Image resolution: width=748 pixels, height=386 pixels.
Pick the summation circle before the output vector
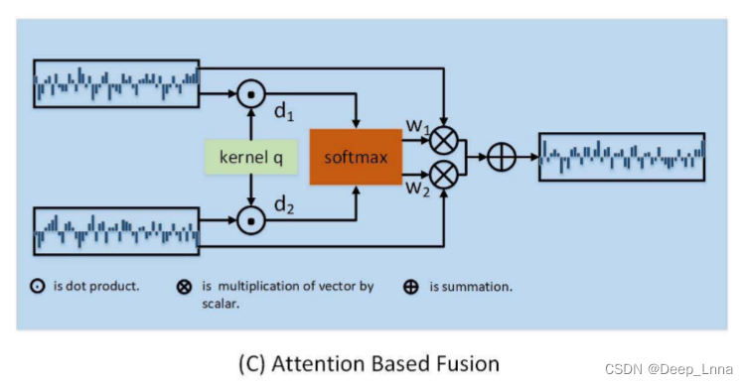501,156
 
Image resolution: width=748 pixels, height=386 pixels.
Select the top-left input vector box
117,82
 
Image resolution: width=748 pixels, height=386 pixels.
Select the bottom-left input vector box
117,231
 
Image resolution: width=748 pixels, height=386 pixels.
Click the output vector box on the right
622,156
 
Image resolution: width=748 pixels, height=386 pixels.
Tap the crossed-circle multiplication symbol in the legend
184,287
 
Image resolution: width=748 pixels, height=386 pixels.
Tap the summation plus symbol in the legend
411,287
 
